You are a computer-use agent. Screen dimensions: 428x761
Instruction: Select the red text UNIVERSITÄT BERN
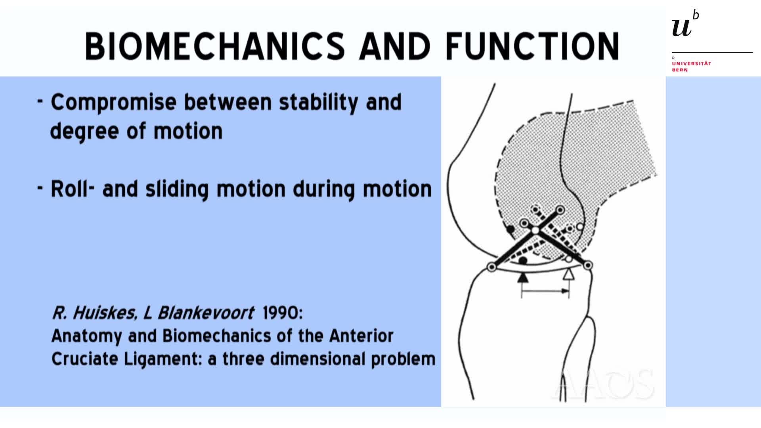pyautogui.click(x=691, y=67)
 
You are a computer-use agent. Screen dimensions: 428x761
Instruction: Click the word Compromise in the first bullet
pyautogui.click(x=113, y=102)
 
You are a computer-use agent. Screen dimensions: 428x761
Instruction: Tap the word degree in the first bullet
pyautogui.click(x=84, y=132)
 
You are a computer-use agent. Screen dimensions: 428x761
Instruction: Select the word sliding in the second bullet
pyautogui.click(x=177, y=189)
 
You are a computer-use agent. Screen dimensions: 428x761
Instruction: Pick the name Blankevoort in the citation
pyautogui.click(x=206, y=313)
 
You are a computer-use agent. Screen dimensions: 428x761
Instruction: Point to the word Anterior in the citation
pyautogui.click(x=361, y=336)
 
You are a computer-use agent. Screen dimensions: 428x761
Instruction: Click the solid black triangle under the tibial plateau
pyautogui.click(x=523, y=277)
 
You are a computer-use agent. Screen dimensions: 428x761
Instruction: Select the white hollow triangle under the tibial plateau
pyautogui.click(x=569, y=274)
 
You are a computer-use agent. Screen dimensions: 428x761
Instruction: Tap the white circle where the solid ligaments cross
pyautogui.click(x=535, y=230)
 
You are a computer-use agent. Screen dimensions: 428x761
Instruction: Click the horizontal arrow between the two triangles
pyautogui.click(x=545, y=292)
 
